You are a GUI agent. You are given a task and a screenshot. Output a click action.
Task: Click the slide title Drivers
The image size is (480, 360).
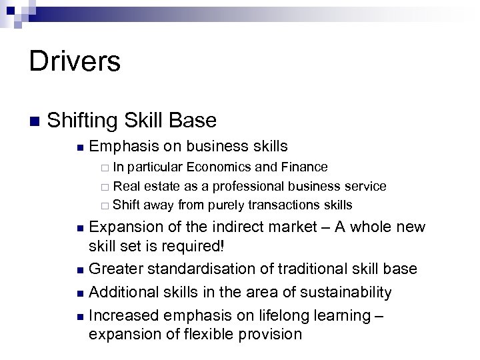75,62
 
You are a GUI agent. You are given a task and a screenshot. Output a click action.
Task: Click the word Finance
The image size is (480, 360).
304,167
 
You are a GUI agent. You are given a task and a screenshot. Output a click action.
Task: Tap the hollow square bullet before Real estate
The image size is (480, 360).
105,187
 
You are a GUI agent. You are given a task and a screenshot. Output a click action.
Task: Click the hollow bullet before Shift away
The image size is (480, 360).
105,205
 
